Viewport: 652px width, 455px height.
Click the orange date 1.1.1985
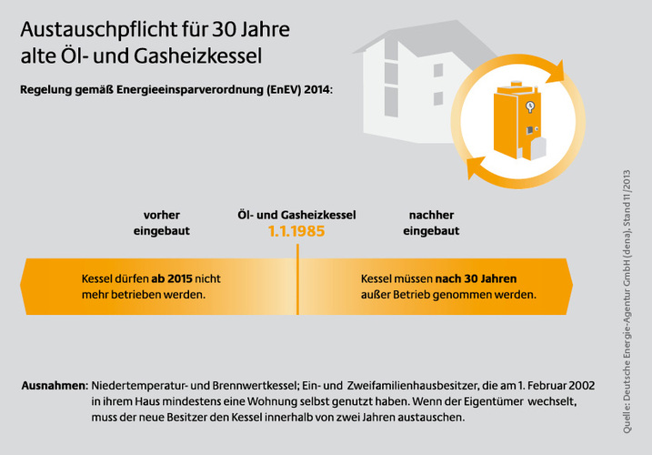(296, 231)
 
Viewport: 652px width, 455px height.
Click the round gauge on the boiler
(530, 107)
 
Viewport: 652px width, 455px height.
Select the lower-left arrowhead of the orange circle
(475, 170)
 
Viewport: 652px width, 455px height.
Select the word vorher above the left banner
(162, 215)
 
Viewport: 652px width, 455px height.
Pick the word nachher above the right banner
(431, 215)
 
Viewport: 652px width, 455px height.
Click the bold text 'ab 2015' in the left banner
(171, 278)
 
